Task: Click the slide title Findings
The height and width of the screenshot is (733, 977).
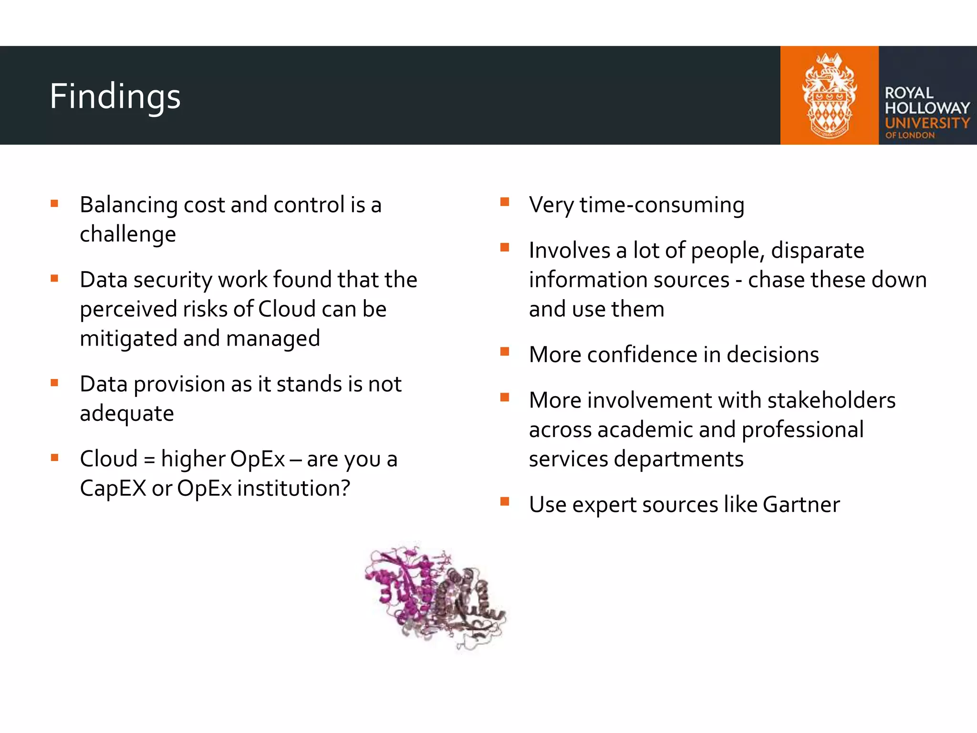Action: (115, 96)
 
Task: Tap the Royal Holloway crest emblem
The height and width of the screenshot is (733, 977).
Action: (829, 95)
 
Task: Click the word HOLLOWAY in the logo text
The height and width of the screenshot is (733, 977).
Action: (927, 108)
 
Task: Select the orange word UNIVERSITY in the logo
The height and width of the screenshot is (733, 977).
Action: (927, 123)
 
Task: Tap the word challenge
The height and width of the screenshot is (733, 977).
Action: (128, 234)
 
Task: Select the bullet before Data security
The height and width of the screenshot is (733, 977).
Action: (54, 278)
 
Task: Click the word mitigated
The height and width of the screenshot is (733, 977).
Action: (128, 339)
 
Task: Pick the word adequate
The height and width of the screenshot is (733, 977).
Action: (127, 414)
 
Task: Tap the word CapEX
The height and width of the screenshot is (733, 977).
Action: (113, 489)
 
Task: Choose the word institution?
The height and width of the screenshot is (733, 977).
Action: (294, 489)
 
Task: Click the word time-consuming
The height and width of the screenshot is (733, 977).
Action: (662, 205)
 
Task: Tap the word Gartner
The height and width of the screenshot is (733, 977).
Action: (801, 505)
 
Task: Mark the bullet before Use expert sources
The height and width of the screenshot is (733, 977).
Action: (505, 501)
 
